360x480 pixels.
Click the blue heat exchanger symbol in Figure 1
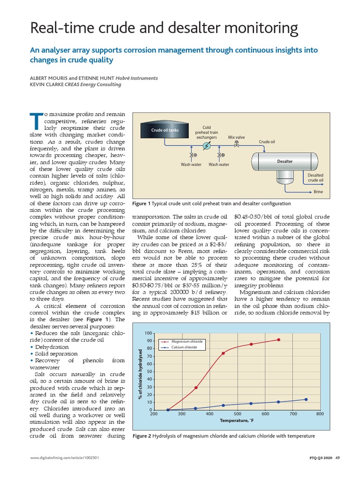point(206,146)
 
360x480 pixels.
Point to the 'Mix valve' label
point(236,137)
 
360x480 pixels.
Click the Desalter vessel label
point(285,161)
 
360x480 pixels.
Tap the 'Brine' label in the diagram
point(318,192)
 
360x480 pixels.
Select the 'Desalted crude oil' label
point(315,177)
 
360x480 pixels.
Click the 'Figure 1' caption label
point(142,203)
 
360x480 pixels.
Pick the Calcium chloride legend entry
point(184,347)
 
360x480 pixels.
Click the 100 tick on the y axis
point(149,333)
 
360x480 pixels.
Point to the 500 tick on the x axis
point(237,414)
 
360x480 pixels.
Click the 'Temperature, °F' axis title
point(237,421)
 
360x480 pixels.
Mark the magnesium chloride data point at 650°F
point(279,340)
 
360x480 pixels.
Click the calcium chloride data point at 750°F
point(306,399)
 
